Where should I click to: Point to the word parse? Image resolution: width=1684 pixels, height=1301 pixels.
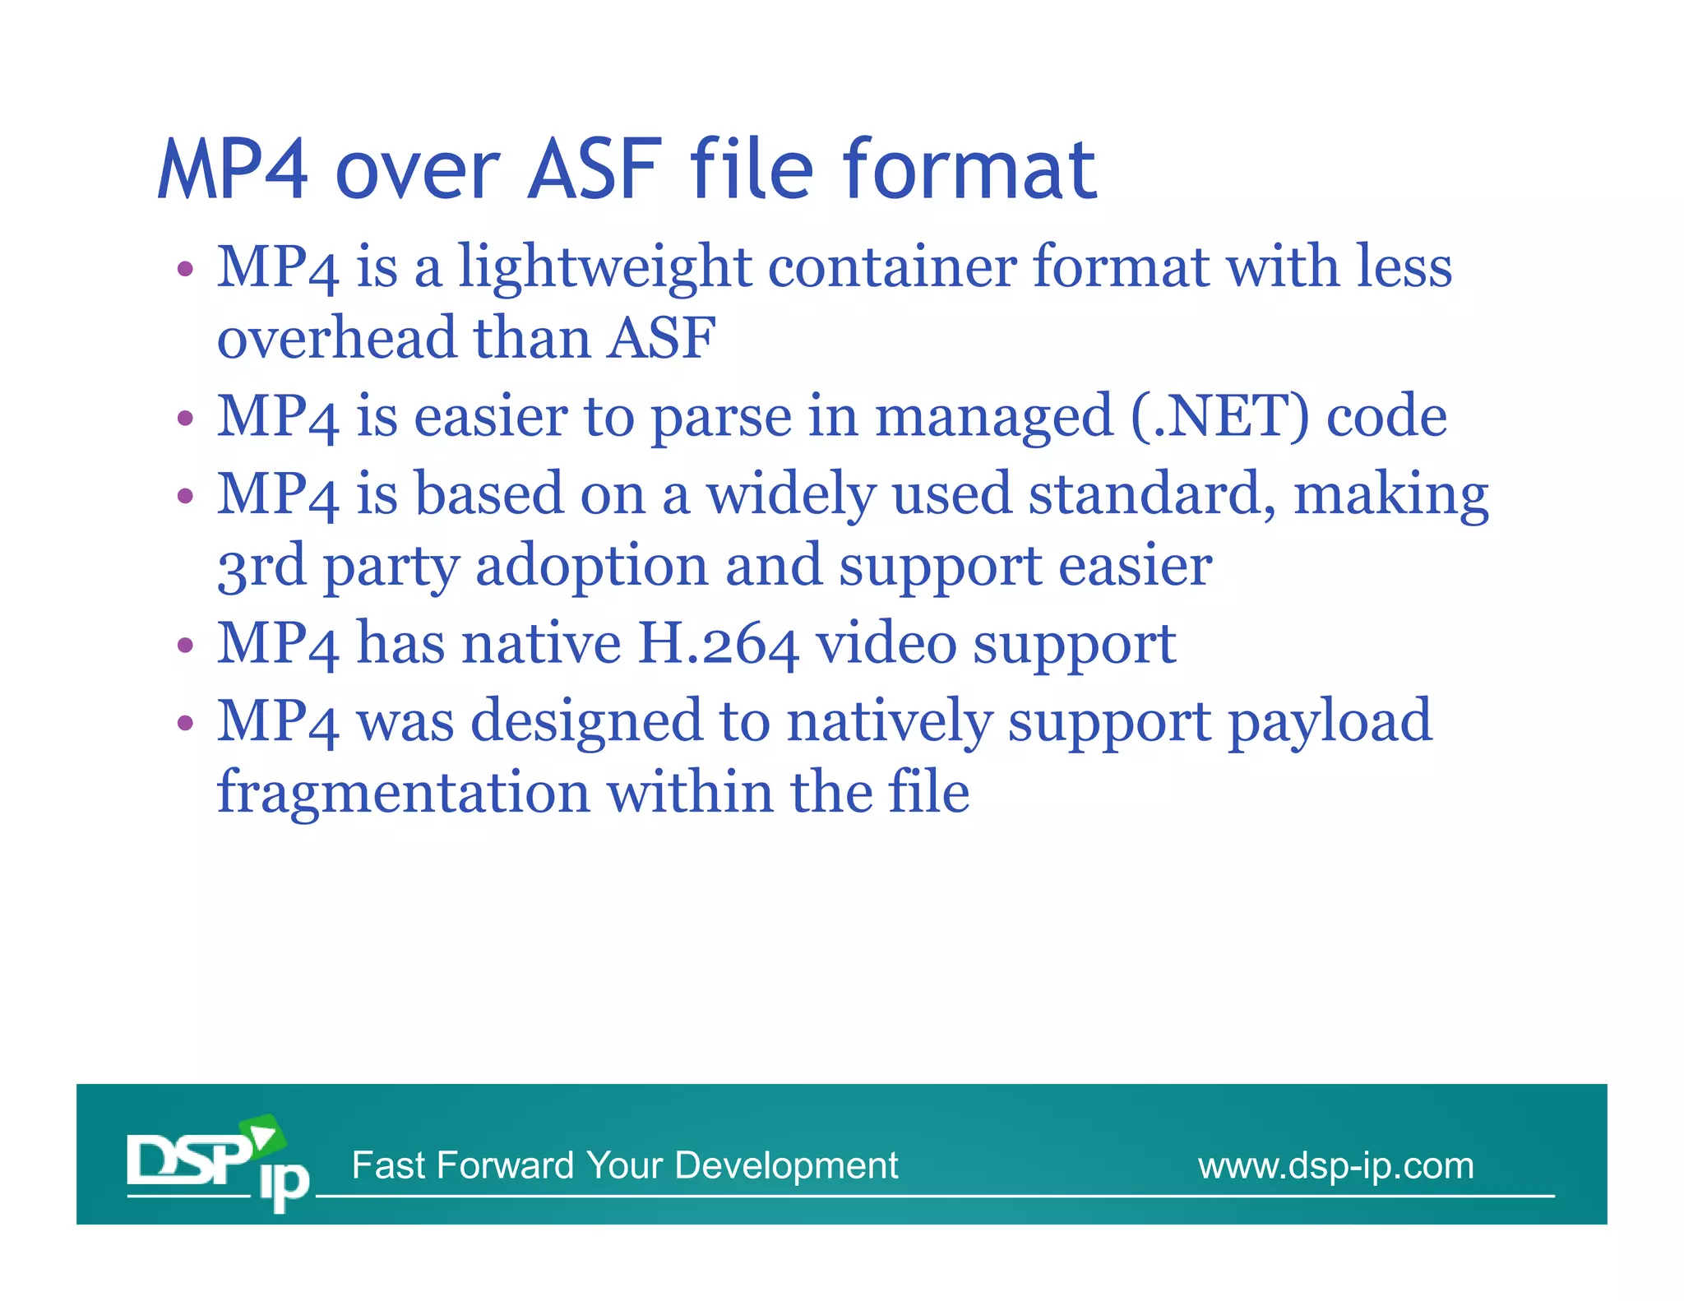pyautogui.click(x=721, y=418)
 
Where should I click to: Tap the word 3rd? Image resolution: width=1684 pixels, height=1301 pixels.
pyautogui.click(x=261, y=567)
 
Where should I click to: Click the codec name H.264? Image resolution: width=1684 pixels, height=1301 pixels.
pyautogui.click(x=718, y=643)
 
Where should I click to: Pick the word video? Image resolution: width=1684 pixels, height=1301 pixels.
pyautogui.click(x=886, y=643)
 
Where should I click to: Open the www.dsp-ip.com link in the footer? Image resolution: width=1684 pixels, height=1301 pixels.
pyautogui.click(x=1335, y=1166)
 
